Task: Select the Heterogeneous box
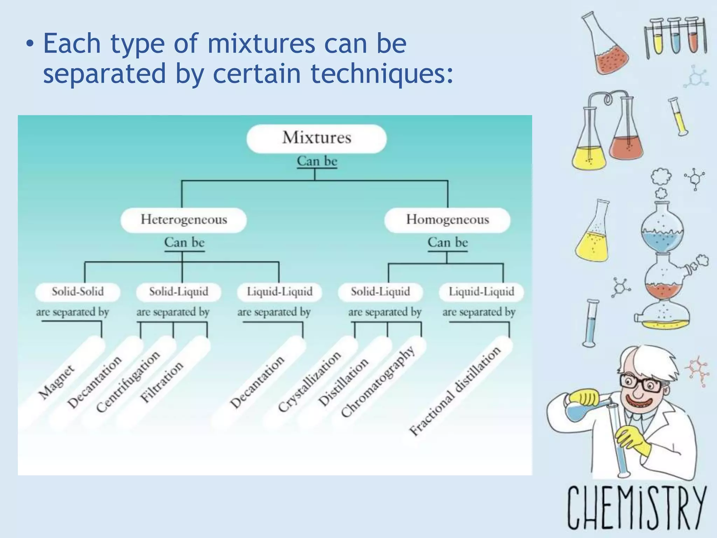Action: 184,220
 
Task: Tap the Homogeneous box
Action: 447,220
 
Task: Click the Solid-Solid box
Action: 78,292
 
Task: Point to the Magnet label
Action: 56,382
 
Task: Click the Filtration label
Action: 161,382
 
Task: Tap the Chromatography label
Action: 378,382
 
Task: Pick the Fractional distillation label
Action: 455,391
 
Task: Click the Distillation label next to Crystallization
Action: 343,382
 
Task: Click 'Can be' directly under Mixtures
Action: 317,161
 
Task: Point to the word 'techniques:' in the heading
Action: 382,74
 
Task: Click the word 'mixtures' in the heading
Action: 261,43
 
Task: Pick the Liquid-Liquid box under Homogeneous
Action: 481,292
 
